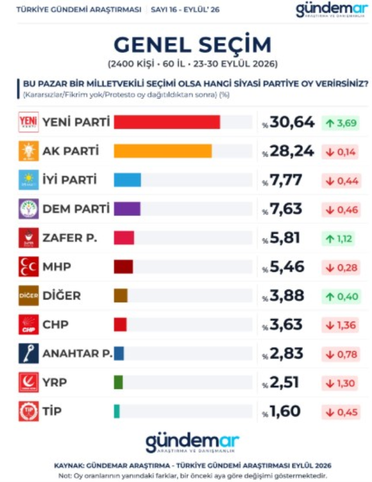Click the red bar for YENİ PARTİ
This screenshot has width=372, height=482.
coord(167,122)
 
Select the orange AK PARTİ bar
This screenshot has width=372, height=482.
coord(163,151)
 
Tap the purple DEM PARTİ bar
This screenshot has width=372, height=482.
coord(127,209)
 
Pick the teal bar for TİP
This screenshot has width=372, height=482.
coord(117,411)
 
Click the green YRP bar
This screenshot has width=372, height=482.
coord(118,383)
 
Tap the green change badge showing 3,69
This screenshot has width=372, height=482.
coord(341,123)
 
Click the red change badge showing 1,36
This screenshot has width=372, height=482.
coord(340,325)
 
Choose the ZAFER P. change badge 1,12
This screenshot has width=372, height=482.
coord(338,238)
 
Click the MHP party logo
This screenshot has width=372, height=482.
coord(28,266)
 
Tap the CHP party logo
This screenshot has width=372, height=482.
coord(28,324)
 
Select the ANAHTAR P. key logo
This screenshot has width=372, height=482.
coord(28,353)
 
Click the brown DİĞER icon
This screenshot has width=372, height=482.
coord(28,295)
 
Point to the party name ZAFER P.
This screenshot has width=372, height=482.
coord(70,238)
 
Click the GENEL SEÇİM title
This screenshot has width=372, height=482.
coord(192,44)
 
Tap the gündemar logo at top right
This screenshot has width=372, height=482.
coord(332,10)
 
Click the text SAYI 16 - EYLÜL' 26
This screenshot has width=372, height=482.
coord(185,9)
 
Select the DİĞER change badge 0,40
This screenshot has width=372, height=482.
coord(341,297)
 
